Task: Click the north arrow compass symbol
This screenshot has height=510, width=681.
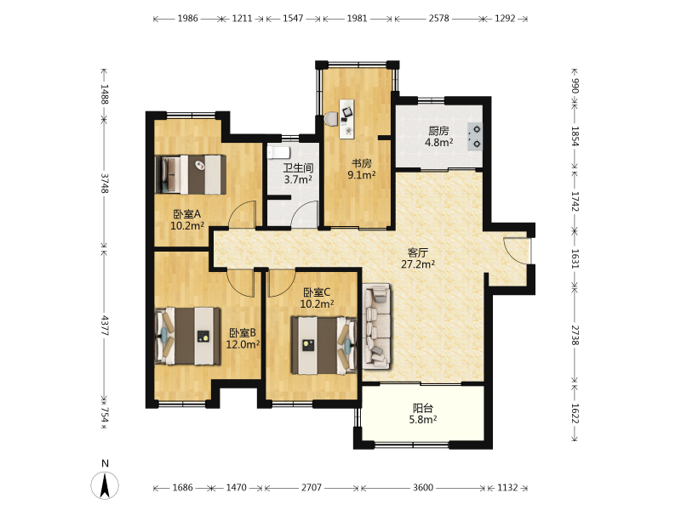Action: (x=105, y=484)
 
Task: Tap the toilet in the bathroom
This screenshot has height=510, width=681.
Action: (x=279, y=152)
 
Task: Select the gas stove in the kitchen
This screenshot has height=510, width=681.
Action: (x=475, y=136)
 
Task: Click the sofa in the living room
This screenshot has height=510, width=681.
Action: (x=376, y=326)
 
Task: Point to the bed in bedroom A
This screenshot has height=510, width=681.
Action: (x=191, y=174)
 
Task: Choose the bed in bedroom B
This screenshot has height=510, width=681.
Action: (x=187, y=336)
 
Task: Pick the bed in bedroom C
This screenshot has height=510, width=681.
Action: (x=324, y=345)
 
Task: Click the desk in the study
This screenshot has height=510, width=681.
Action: (x=346, y=119)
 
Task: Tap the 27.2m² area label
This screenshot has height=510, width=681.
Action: (x=418, y=264)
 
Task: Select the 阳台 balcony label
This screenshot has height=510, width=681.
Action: (x=422, y=408)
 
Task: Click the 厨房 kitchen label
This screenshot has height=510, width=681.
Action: (x=438, y=131)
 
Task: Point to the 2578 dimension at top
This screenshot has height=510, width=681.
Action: (x=438, y=19)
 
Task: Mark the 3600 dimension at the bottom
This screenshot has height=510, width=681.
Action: (x=422, y=488)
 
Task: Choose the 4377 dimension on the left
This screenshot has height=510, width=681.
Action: (x=105, y=326)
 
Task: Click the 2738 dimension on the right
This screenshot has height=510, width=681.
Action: (x=575, y=335)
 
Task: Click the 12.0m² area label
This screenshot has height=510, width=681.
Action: (x=243, y=344)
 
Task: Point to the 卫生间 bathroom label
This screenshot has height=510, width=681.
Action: (x=298, y=167)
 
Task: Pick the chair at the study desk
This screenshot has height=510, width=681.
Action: (x=331, y=119)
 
